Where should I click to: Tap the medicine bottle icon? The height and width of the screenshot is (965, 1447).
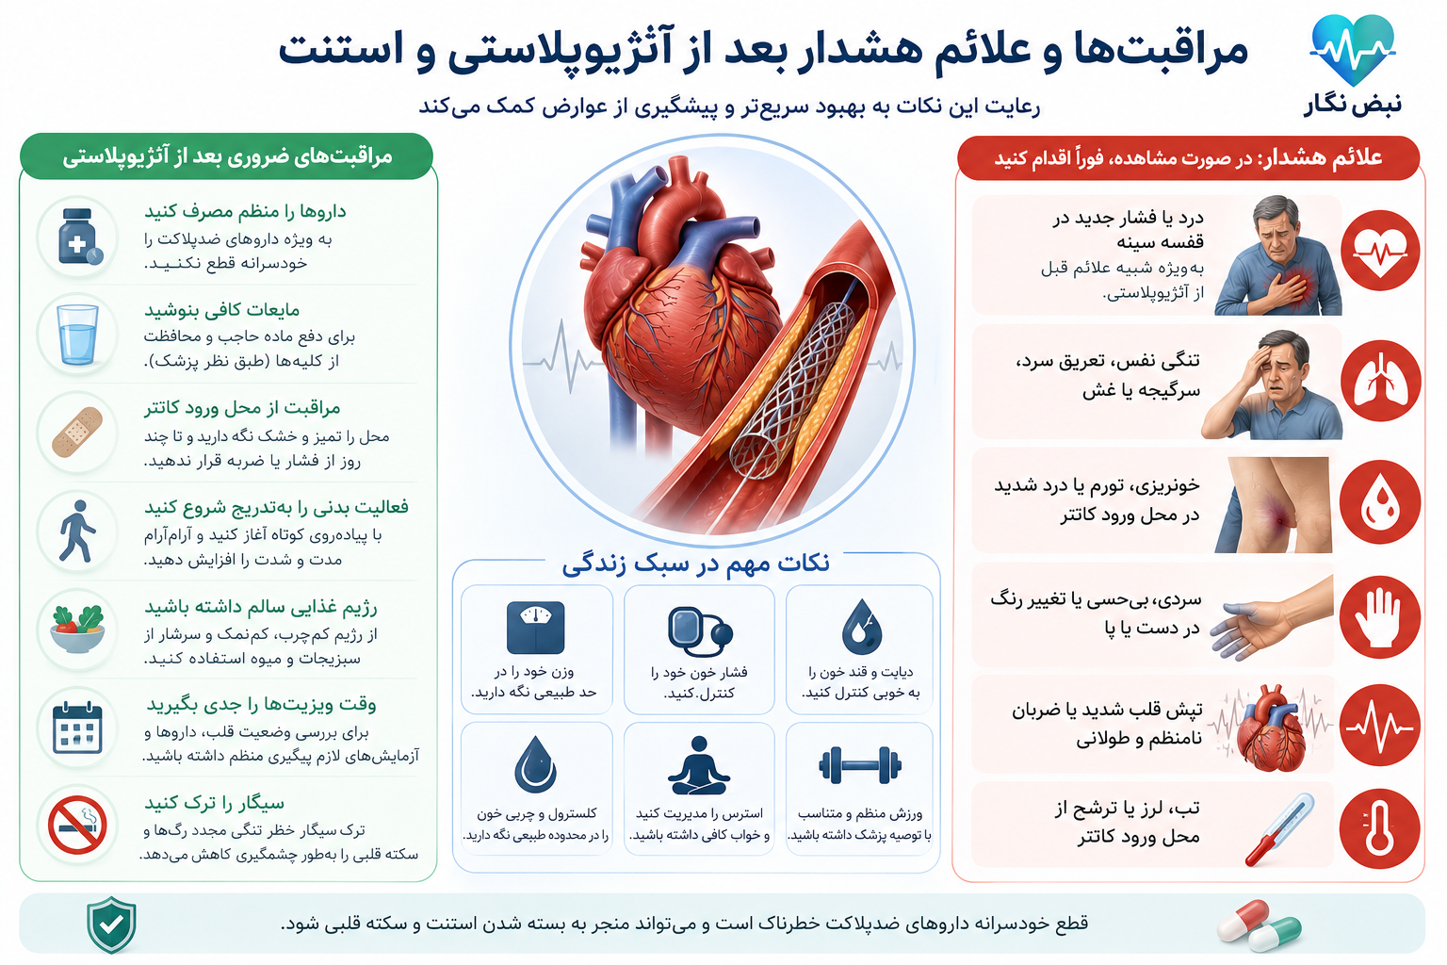[79, 237]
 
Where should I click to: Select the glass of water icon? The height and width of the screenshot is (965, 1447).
[77, 335]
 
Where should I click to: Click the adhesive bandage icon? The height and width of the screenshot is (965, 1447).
[77, 433]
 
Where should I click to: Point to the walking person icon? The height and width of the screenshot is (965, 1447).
[77, 531]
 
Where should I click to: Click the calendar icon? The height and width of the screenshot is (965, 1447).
[77, 728]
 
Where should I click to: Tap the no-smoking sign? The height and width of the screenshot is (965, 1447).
[77, 825]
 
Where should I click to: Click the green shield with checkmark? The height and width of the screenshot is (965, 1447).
[111, 924]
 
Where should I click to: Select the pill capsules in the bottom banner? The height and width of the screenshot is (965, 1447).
[1259, 925]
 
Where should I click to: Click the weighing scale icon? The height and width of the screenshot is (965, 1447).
[535, 628]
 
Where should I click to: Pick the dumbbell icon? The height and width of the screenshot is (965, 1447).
[860, 766]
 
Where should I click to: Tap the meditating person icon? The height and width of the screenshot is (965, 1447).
[699, 766]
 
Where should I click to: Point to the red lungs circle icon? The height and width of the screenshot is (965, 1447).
[1380, 381]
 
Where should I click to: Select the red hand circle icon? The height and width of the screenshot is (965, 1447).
[1380, 616]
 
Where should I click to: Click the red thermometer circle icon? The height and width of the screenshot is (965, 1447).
[1380, 828]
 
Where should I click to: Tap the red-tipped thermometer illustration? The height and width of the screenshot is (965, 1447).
[1279, 829]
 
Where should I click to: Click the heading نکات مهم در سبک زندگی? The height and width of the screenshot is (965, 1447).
[696, 564]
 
